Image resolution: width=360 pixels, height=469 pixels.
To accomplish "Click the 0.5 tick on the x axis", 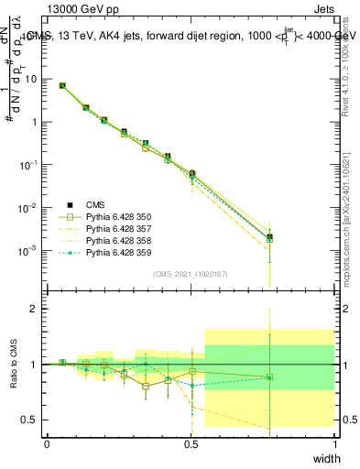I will point(191,443).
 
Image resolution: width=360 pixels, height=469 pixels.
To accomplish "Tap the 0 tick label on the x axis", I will point(48,443).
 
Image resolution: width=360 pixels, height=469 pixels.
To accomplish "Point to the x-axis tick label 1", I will point(334,443).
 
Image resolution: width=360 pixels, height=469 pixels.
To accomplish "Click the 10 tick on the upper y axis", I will point(31,79).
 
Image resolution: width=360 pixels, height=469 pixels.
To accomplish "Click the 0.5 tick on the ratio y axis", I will point(31,420).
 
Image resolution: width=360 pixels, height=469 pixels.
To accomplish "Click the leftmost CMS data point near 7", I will point(62,85).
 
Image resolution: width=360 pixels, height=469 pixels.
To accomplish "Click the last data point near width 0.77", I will point(269,237).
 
